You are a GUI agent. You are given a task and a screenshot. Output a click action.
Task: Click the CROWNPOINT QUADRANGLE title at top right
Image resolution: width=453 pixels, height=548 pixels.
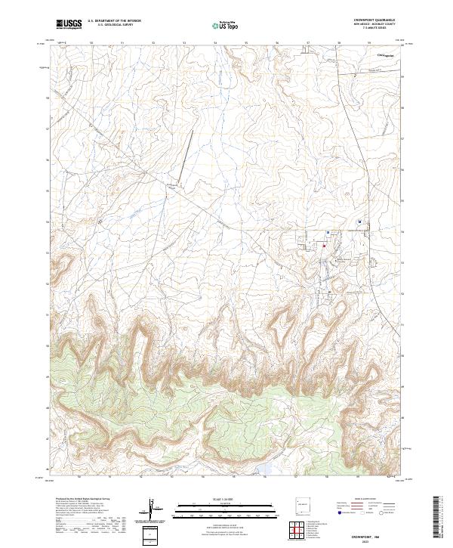pos(379,20)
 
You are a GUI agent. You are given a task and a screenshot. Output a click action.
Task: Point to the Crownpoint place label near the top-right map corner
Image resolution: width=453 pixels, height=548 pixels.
pos(387,54)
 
